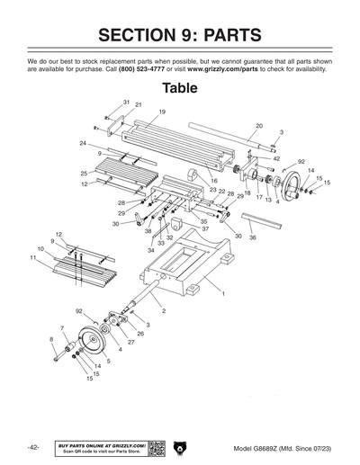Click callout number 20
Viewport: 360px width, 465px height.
(259, 126)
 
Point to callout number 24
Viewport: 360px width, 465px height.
(82, 143)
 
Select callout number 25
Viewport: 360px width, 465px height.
(83, 173)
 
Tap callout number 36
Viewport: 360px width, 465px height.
(252, 237)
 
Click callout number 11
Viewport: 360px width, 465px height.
(32, 258)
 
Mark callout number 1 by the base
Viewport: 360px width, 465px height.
(223, 294)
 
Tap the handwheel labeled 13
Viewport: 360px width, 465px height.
(290, 191)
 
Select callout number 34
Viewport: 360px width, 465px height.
(151, 249)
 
